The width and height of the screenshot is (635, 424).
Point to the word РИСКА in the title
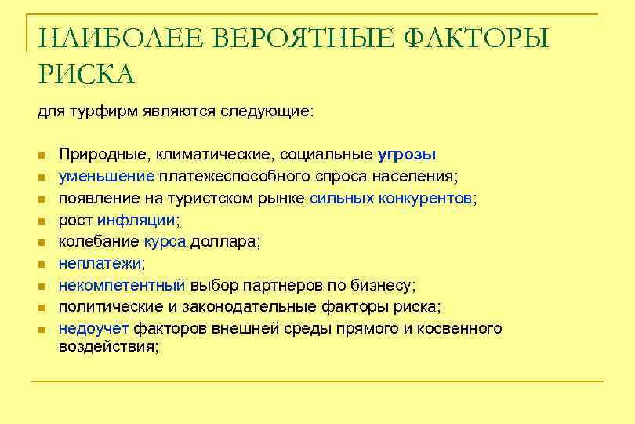(86, 75)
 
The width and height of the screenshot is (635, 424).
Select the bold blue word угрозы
(407, 154)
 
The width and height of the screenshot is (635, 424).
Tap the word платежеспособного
(240, 176)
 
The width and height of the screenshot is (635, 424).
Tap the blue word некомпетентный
(122, 285)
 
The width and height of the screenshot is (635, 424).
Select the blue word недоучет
(94, 329)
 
